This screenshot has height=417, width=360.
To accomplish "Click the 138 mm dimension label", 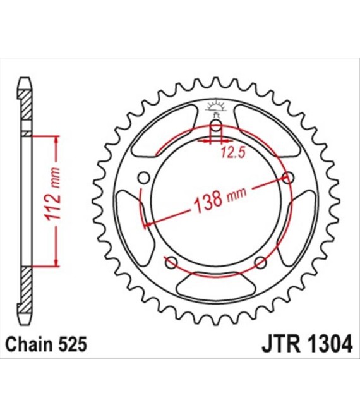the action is click(x=220, y=198).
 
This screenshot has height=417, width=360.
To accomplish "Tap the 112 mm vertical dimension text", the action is click(x=53, y=194).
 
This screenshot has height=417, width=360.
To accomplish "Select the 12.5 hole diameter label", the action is click(x=233, y=153).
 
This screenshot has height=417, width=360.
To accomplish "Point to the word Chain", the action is click(x=30, y=344).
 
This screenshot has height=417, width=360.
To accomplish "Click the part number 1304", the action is click(x=330, y=344).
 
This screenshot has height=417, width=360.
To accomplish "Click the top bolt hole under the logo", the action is click(x=216, y=125).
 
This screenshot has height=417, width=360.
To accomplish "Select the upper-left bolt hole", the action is click(x=144, y=178).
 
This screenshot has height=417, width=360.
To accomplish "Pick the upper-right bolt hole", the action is click(x=288, y=178).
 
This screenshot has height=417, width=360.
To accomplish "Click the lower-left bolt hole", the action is click(x=171, y=262).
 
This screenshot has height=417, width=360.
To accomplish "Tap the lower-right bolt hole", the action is click(x=260, y=262).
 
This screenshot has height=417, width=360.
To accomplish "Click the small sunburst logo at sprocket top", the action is click(x=216, y=106).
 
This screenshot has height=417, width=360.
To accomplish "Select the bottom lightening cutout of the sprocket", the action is click(x=216, y=286).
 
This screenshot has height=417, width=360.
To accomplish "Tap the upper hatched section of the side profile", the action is click(x=26, y=105).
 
